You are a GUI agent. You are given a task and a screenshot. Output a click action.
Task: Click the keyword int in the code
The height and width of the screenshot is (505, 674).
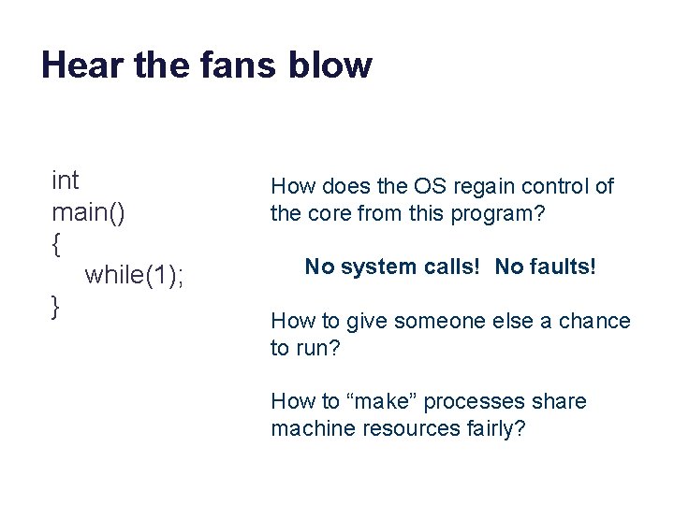tap(66, 179)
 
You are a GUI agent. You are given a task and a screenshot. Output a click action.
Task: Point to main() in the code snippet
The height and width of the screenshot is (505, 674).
tap(88, 211)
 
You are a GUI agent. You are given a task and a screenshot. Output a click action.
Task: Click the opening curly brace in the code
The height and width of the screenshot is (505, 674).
tap(57, 244)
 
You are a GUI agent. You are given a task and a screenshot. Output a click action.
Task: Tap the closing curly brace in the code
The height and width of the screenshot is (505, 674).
tap(57, 306)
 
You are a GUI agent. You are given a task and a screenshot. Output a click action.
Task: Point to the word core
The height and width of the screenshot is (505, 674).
tap(324, 213)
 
